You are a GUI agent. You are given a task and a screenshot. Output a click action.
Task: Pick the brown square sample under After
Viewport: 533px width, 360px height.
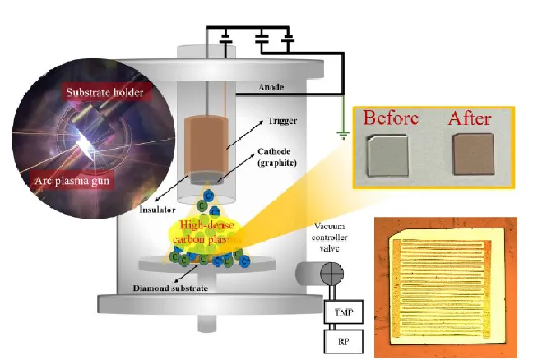(x=472, y=158)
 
